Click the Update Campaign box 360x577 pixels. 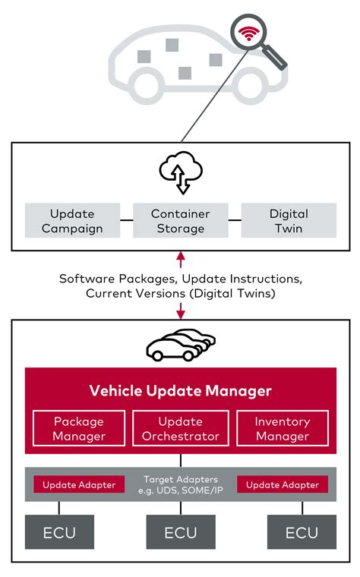72,221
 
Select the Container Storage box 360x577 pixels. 180,221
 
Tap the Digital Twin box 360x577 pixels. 288,221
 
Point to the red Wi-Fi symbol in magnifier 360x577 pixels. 248,34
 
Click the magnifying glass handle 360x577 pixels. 275,58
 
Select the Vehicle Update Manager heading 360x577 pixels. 180,391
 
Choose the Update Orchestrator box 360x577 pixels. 180,428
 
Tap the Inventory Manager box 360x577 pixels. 283,428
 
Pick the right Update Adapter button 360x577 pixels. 283,484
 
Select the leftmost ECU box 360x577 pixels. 59,532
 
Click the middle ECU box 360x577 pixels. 180,532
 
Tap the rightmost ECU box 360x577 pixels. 302,532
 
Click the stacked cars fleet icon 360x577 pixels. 180,345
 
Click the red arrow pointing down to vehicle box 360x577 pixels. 180,310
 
